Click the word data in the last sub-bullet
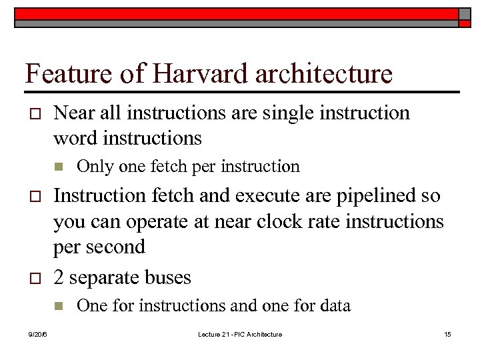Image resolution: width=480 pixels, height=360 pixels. point(335,306)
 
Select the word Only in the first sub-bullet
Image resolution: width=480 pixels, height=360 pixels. point(93,166)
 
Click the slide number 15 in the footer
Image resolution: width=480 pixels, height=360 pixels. point(447,334)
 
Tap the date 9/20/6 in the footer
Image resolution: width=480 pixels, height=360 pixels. point(37,334)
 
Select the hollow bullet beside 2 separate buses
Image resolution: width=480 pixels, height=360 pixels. point(33,278)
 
